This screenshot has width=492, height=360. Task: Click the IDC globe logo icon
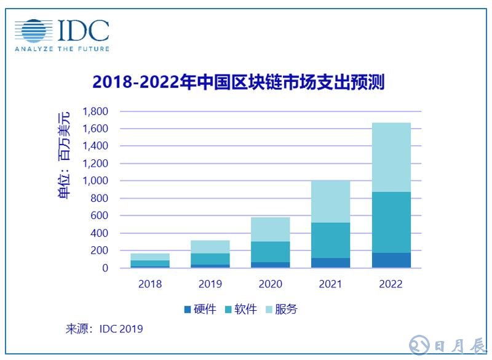(x=34, y=31)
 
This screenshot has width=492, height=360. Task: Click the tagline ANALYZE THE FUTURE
(x=62, y=49)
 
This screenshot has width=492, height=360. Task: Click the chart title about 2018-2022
(x=238, y=82)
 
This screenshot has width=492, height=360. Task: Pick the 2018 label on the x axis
(x=150, y=284)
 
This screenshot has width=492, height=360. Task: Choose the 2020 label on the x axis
(x=271, y=284)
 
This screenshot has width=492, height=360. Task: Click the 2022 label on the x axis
(x=391, y=284)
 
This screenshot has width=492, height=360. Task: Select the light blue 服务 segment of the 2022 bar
(x=391, y=157)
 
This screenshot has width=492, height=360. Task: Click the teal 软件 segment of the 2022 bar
(x=391, y=222)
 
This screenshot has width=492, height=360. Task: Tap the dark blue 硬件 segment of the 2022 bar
(x=391, y=260)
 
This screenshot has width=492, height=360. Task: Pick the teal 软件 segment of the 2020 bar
(x=271, y=252)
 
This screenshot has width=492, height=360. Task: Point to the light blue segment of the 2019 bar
(x=210, y=247)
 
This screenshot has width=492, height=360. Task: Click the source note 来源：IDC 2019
(x=104, y=329)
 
